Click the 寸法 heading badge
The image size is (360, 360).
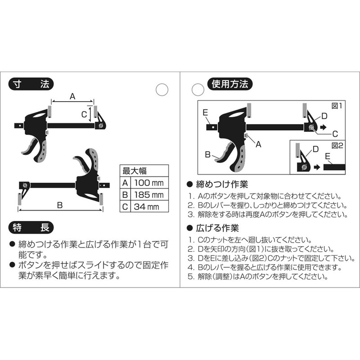[31, 84]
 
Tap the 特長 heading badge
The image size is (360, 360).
[31, 228]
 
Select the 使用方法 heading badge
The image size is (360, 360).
[229, 84]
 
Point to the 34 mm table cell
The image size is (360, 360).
[147, 207]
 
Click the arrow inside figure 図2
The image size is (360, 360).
[317, 166]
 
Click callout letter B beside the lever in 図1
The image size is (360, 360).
[208, 154]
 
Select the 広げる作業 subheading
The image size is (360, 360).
[218, 228]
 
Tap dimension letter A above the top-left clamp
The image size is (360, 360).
[72, 95]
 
